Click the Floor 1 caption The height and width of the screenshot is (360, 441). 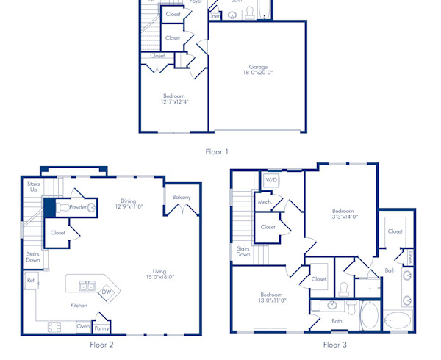point(217,152)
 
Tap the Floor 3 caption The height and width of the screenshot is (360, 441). point(334,344)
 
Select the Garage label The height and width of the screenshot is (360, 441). point(257,70)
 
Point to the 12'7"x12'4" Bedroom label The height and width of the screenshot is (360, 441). point(173,99)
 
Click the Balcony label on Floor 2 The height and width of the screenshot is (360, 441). point(182,198)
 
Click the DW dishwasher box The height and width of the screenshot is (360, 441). point(107,292)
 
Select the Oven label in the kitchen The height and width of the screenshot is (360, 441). point(83,326)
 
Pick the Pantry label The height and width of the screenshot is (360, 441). point(101,328)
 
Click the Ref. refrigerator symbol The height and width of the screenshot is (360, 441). point(32,281)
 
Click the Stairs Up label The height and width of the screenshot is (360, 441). point(33,187)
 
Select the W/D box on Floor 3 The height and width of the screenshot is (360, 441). point(271,179)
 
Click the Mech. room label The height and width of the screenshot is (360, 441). point(265,202)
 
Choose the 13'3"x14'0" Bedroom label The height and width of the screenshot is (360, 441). point(343,213)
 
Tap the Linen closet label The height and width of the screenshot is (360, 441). point(409,257)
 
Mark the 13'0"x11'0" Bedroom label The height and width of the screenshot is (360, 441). point(271,297)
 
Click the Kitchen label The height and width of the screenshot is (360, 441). point(79,306)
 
